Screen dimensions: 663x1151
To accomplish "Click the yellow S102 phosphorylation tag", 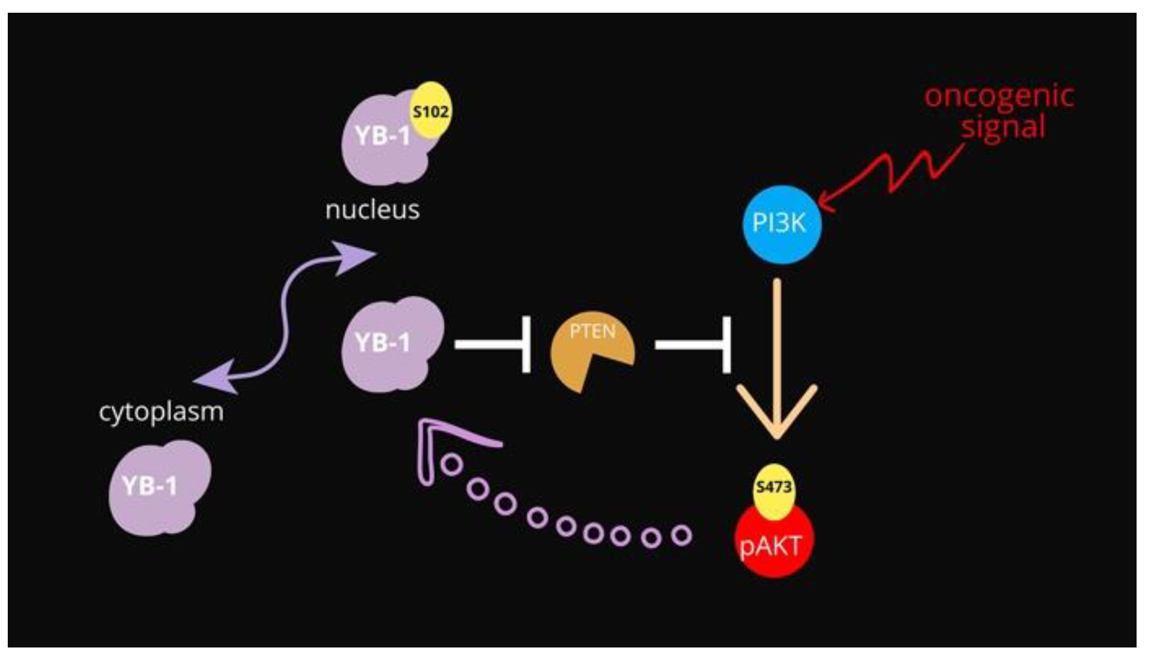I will tap(430, 110).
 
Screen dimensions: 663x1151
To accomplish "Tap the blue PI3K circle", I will tap(781, 224).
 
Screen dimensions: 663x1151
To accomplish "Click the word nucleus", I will tap(372, 210).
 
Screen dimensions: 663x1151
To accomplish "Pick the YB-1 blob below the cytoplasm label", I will tap(158, 488).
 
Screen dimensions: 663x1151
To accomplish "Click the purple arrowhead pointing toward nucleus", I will tap(355, 256).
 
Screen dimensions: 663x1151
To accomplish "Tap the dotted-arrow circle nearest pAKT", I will tap(681, 535).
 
